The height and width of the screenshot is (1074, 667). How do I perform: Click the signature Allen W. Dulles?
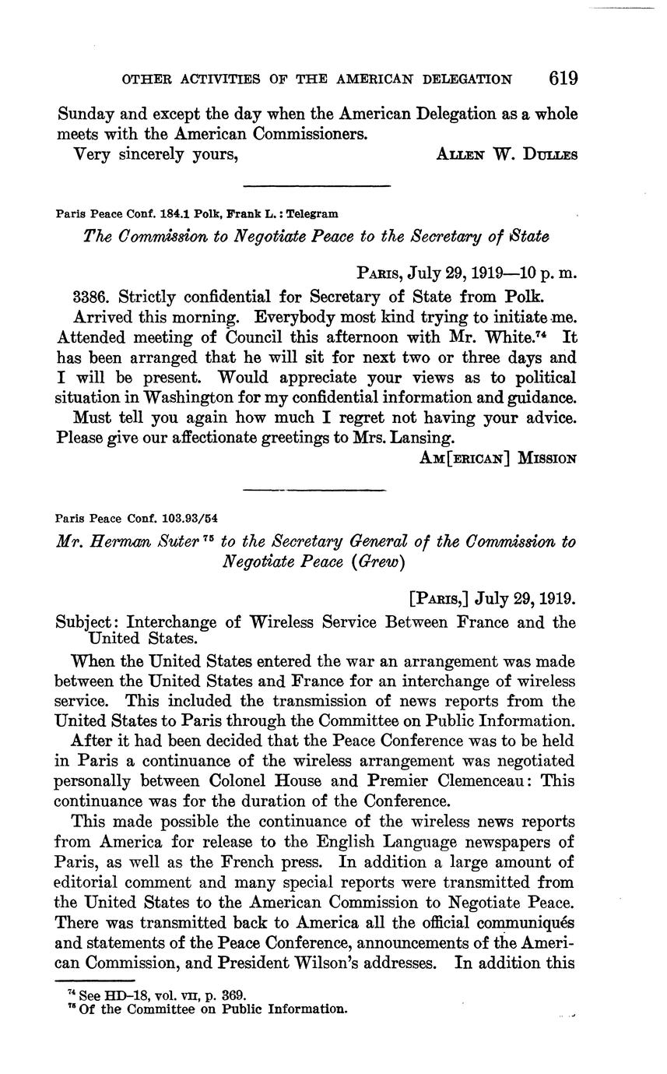507,154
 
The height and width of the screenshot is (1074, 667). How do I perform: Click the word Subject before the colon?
87,622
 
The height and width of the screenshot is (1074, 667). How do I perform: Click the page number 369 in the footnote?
235,995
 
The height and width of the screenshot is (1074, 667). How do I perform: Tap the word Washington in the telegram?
164,398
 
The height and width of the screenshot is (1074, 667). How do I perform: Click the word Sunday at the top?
86,114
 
